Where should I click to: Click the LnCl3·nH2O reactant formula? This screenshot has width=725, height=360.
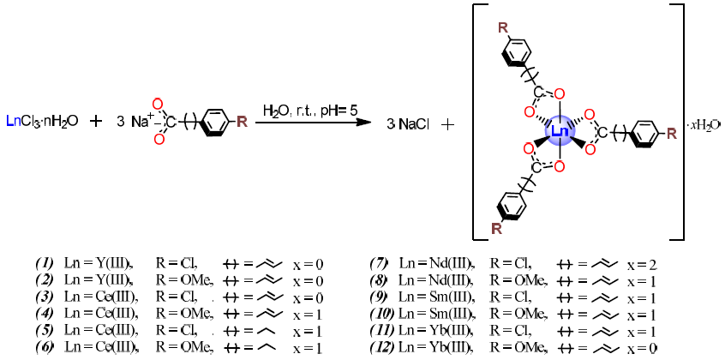42,122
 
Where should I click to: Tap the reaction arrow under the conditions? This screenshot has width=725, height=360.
313,123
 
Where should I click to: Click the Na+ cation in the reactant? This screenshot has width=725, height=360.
141,121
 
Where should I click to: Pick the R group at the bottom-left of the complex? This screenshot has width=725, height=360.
496,228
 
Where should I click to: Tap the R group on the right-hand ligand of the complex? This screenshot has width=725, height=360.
671,133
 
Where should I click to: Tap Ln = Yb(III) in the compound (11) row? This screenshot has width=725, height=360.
438,329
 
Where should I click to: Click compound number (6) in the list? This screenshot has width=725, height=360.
45,346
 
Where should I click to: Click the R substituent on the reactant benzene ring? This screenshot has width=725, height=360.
242,122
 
